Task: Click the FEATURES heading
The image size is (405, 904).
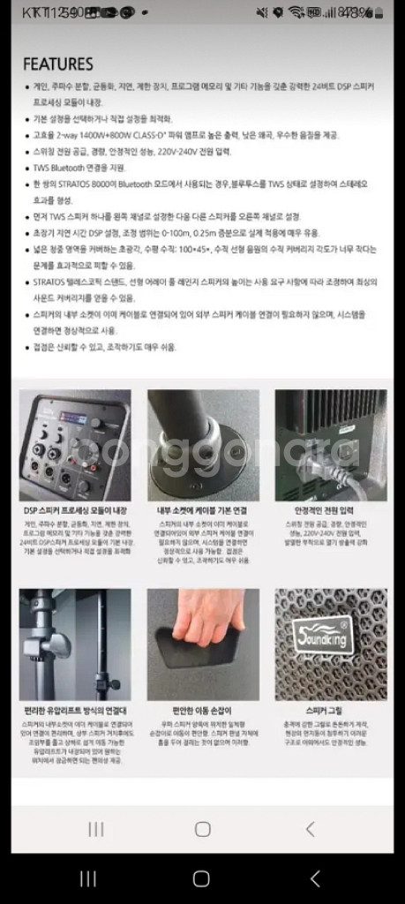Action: click(x=57, y=64)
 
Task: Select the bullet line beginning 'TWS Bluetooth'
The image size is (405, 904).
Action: click(x=83, y=168)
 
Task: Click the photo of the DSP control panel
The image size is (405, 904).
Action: click(x=75, y=445)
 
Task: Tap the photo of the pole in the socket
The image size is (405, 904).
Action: click(x=202, y=445)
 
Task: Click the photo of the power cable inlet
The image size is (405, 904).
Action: click(x=330, y=445)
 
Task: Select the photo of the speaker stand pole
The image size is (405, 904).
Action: click(x=75, y=644)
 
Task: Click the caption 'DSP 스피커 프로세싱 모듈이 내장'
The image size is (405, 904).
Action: click(x=75, y=510)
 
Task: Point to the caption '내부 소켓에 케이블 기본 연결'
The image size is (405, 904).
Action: click(x=202, y=510)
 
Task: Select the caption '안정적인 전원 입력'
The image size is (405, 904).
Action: click(x=330, y=510)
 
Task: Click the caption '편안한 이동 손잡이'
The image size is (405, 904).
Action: click(x=202, y=710)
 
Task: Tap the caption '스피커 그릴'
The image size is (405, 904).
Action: click(x=330, y=710)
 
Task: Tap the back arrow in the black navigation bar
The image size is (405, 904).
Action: click(x=315, y=878)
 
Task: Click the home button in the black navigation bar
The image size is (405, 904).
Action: click(x=201, y=878)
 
